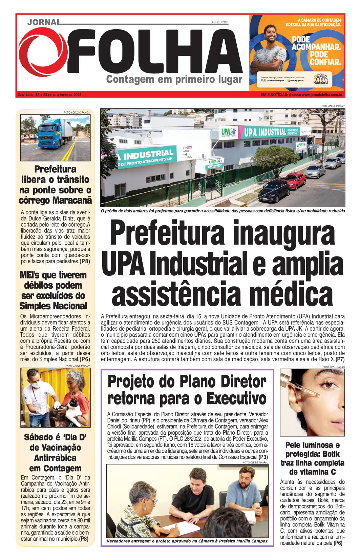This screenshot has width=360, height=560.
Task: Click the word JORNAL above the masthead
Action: point(43,22)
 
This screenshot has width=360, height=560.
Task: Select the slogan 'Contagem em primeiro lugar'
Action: point(174,80)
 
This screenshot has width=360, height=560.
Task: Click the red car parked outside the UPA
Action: point(294,180)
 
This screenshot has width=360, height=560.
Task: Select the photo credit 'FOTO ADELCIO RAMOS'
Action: point(77,112)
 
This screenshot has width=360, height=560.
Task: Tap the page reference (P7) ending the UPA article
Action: point(340,359)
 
